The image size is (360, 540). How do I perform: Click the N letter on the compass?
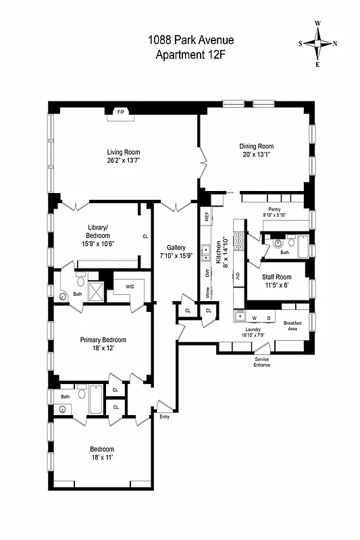tap(336, 44)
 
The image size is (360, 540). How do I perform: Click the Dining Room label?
tap(257, 146)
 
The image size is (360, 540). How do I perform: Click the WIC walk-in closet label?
tap(129, 286)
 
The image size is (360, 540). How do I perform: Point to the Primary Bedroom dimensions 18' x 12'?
tap(103, 349)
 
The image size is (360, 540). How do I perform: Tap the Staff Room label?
tap(276, 277)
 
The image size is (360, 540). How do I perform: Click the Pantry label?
tap(274, 209)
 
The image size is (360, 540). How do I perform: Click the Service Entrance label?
tap(262, 362)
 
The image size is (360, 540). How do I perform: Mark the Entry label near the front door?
tap(165, 416)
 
